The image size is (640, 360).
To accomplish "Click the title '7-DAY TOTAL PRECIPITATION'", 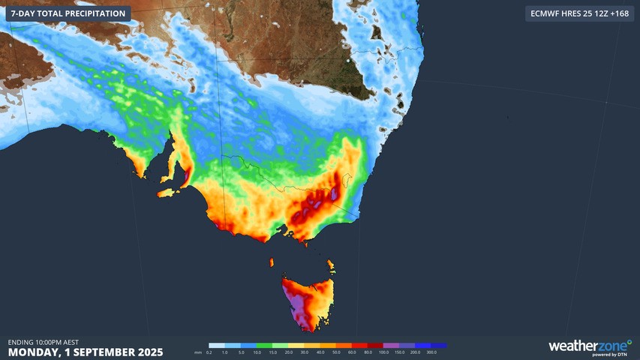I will [68, 13].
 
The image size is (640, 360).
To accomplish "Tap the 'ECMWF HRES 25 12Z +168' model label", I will [579, 13].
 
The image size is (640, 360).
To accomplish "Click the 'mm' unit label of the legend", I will [198, 352].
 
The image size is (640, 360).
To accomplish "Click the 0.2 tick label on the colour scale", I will [209, 352].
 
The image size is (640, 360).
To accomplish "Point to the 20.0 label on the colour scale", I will [289, 352].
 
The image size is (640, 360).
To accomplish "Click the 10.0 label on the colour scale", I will [257, 352].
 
